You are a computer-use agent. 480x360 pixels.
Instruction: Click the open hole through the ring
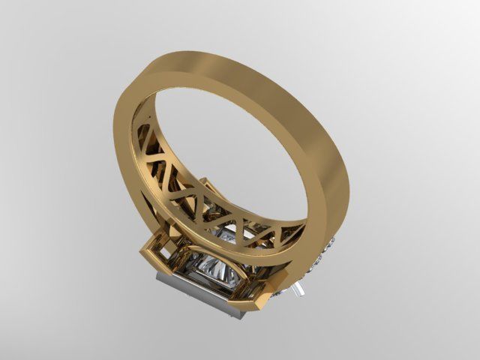(x=225, y=142)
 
